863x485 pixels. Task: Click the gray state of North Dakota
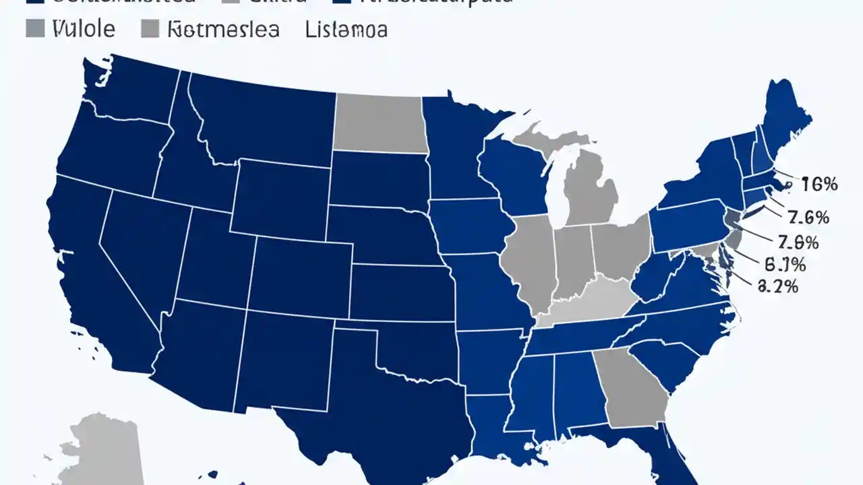[379, 123]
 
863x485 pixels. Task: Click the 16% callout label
[819, 184]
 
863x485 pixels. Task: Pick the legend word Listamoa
[346, 29]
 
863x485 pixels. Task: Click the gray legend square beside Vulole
[36, 28]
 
